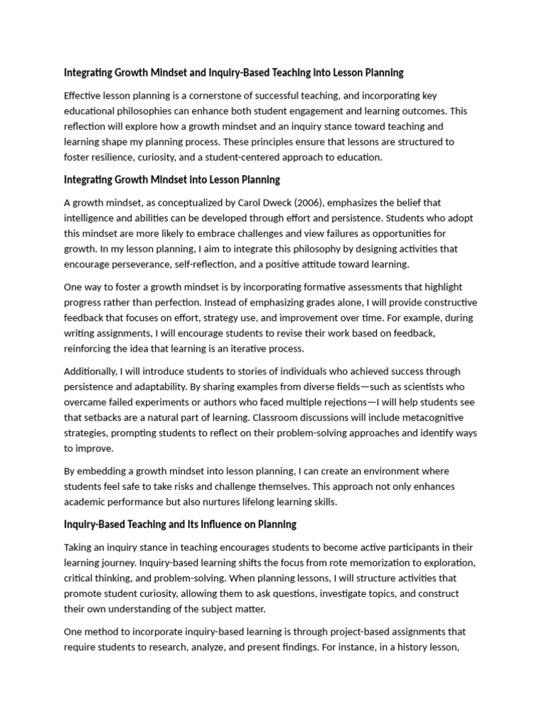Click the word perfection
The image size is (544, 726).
point(174,303)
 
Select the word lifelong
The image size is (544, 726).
point(256,502)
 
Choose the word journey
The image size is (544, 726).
point(120,563)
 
